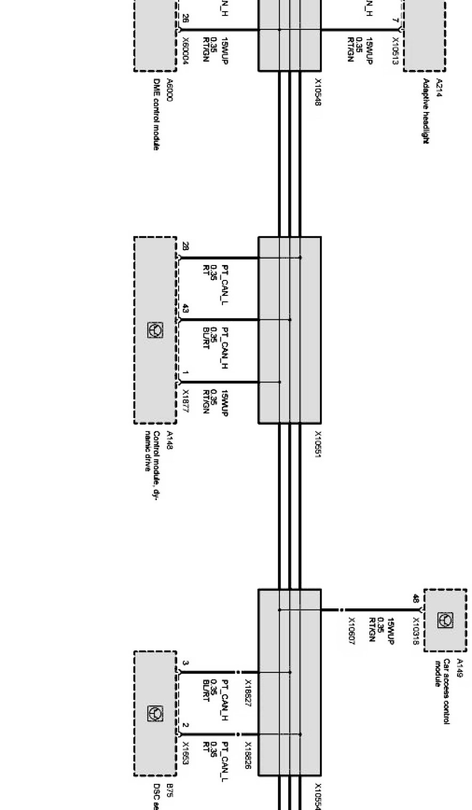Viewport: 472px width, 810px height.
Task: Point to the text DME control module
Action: pos(157,115)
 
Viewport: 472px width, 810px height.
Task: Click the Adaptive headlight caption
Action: pos(427,111)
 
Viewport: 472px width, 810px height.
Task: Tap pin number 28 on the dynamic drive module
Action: pos(185,246)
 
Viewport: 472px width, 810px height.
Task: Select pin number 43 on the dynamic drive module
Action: pos(185,309)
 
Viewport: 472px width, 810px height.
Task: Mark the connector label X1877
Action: pos(185,400)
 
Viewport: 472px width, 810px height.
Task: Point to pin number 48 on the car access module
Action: pos(415,598)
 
